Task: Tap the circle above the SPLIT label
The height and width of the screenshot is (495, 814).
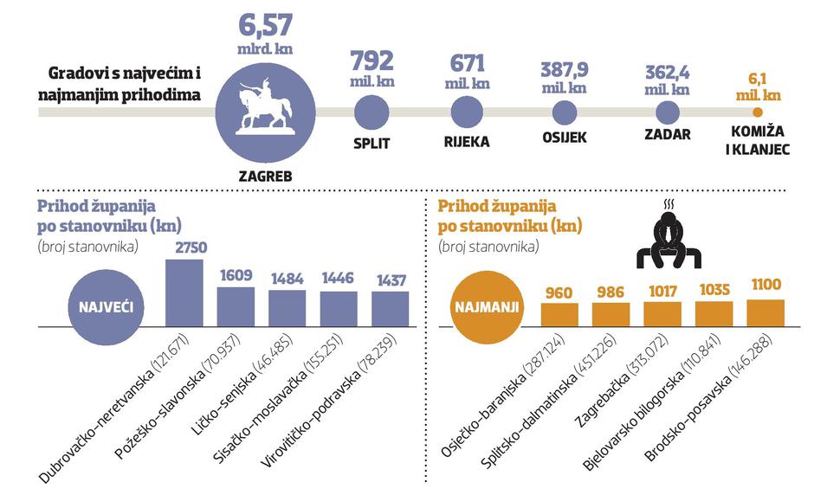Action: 371,112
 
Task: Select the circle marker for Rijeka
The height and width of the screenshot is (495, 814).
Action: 467,112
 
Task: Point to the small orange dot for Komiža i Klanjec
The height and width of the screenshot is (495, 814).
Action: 758,112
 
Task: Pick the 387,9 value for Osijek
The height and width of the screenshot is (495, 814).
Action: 563,69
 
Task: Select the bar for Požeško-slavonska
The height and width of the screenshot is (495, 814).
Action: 236,305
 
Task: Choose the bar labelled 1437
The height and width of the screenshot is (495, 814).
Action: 391,306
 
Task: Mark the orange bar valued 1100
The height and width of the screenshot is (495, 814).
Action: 766,311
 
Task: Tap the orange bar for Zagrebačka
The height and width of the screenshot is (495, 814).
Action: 662,312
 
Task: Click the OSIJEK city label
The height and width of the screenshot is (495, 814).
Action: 565,138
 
